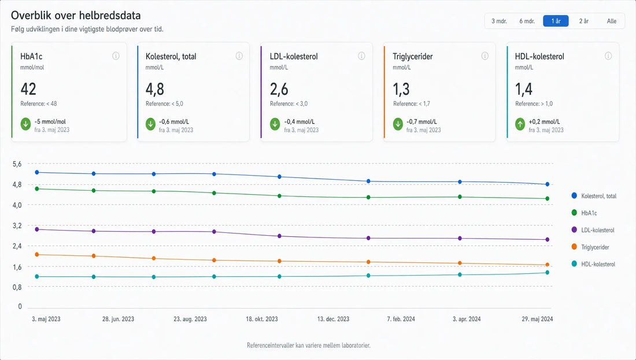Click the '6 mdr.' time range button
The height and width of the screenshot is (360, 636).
(x=527, y=21)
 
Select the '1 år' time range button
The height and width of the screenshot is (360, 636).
(x=556, y=21)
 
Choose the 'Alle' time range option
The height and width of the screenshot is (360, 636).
(x=611, y=21)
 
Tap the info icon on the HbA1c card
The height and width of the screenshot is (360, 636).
(x=116, y=56)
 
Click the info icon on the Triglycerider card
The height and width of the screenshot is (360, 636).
(x=485, y=56)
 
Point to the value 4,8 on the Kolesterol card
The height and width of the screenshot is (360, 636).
(x=155, y=89)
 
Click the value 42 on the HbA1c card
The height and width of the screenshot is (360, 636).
(x=28, y=89)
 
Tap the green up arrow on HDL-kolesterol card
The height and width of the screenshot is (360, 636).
(x=520, y=124)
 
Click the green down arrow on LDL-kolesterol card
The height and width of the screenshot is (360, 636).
(x=275, y=124)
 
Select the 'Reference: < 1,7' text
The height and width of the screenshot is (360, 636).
(x=412, y=104)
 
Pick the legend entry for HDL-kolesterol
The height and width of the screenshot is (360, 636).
(x=593, y=264)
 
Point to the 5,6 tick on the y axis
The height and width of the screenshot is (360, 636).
(x=17, y=164)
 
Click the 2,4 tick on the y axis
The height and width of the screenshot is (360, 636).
(x=17, y=246)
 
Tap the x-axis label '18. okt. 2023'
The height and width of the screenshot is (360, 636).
(x=261, y=319)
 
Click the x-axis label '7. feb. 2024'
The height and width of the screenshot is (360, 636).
(x=401, y=319)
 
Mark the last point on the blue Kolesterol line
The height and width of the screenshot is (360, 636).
(x=548, y=184)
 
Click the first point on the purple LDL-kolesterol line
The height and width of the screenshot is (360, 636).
(x=37, y=229)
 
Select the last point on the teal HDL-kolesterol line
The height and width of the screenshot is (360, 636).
(x=548, y=272)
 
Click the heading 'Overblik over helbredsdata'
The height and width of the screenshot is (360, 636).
(x=76, y=16)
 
